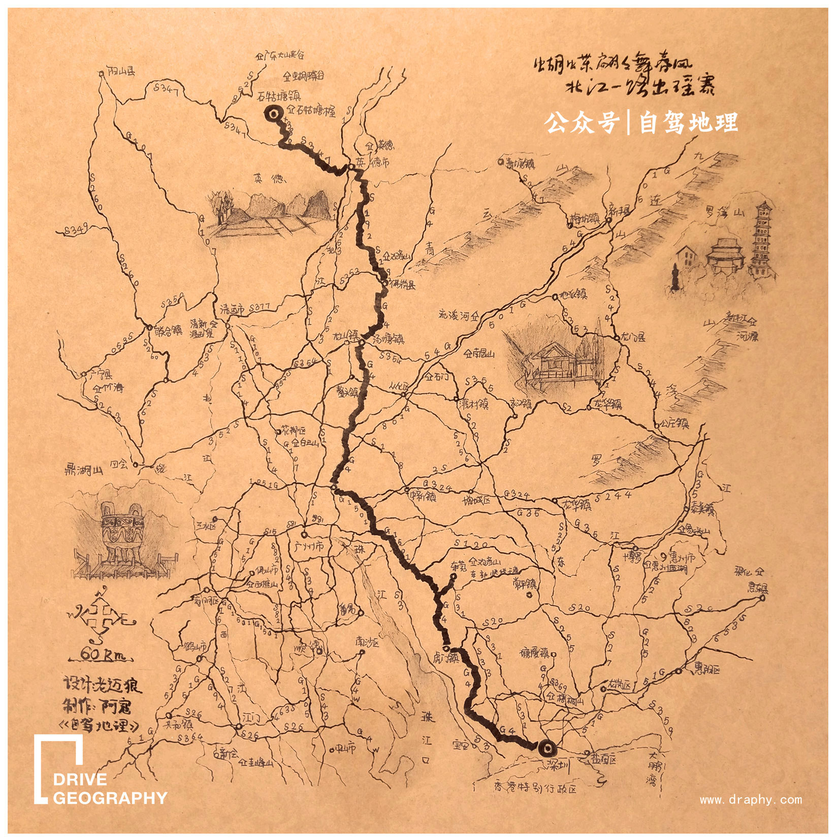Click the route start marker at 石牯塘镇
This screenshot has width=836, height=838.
coord(272,115)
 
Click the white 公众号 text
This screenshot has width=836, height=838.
coord(582,122)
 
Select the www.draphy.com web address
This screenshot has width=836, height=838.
coord(751,800)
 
